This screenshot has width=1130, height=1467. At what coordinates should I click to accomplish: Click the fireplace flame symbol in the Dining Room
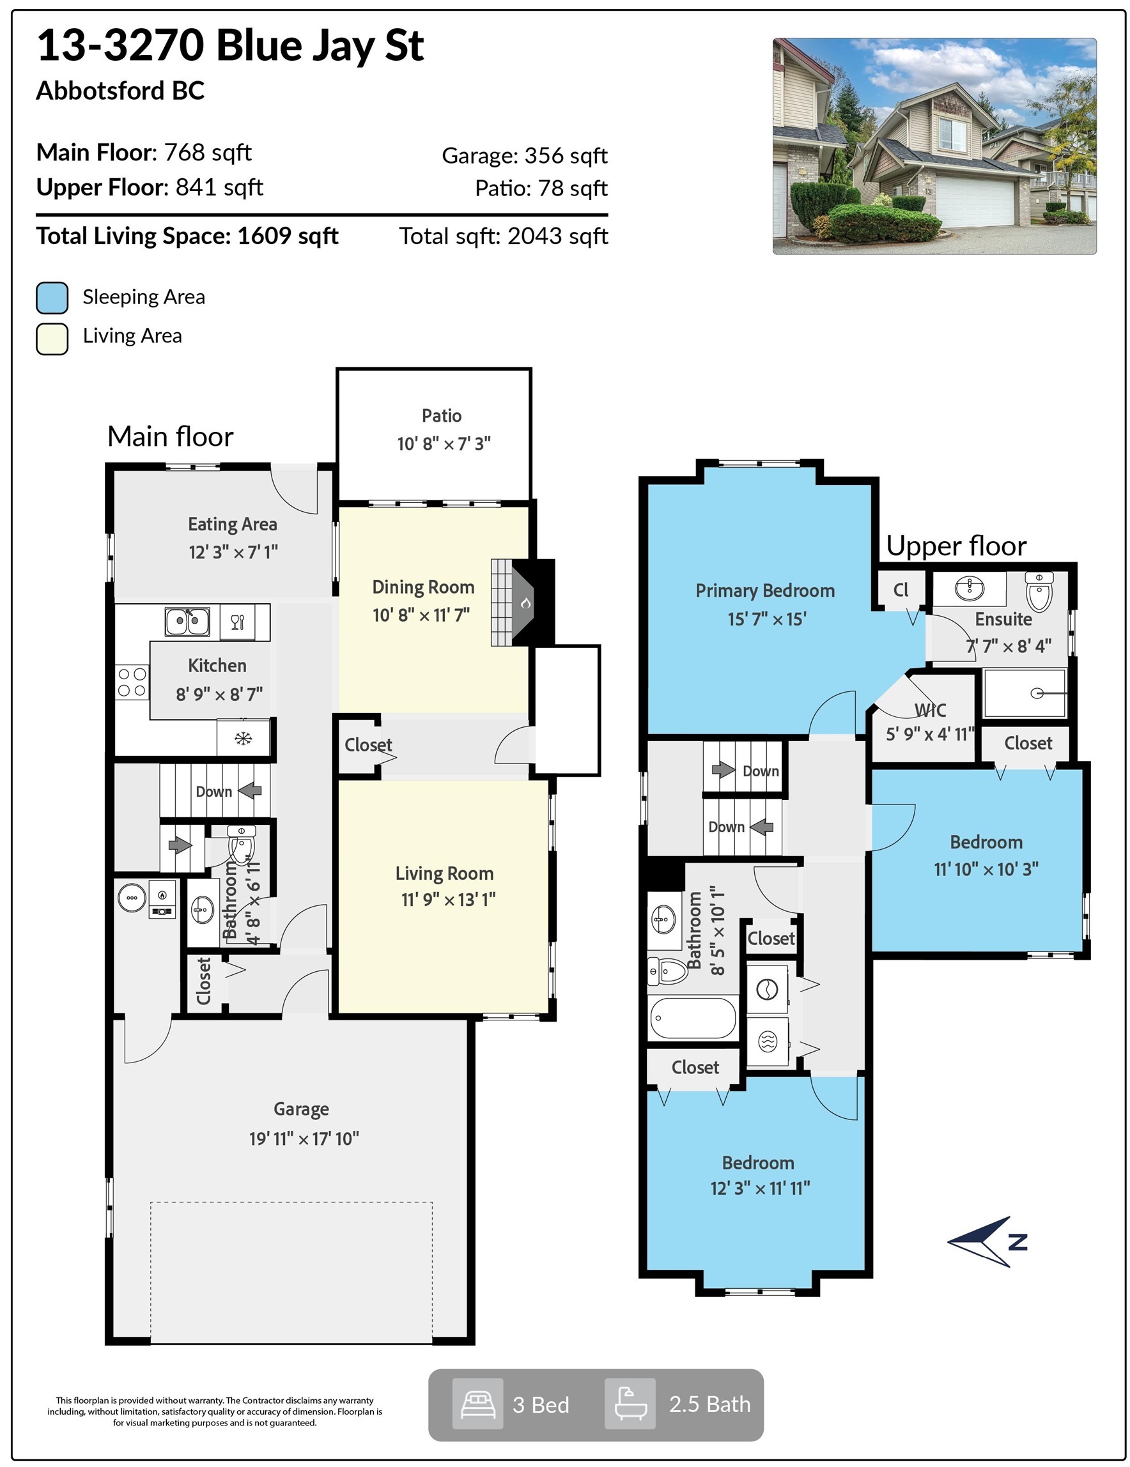tap(526, 603)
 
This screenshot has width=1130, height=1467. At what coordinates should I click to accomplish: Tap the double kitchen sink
tap(187, 620)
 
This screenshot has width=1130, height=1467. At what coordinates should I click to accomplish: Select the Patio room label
tap(442, 416)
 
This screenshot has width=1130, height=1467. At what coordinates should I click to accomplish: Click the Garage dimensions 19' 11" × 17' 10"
tap(304, 1139)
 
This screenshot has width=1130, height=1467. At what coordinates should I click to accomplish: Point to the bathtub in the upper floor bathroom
tap(693, 1018)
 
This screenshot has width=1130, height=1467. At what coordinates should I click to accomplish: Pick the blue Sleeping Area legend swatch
tap(52, 298)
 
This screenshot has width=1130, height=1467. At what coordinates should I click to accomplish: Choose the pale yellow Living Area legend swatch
tap(52, 339)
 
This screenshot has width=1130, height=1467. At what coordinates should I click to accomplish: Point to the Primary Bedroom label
tap(765, 590)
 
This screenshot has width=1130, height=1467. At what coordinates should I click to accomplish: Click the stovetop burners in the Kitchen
tap(132, 682)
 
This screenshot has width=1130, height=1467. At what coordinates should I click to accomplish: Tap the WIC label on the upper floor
tap(930, 710)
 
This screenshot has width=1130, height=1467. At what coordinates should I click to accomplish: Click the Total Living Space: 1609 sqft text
tap(187, 236)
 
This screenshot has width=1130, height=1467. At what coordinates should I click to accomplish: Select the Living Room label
tap(444, 873)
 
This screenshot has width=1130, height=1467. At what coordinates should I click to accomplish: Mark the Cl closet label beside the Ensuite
tap(901, 590)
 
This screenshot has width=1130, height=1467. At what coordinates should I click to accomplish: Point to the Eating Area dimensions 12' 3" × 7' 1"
tap(233, 552)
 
